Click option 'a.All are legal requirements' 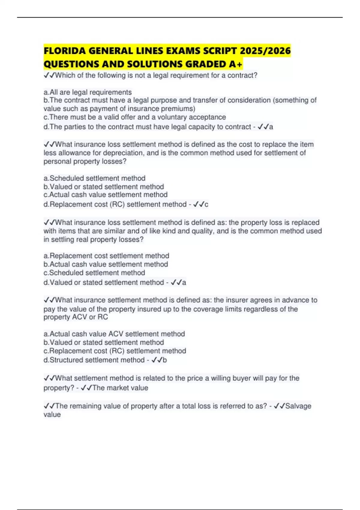coord(88,92)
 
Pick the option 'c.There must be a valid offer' coord(135,117)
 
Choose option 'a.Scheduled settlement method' coord(94,178)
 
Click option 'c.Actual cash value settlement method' coord(106,195)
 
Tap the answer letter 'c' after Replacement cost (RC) coord(206,205)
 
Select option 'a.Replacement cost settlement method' coord(106,256)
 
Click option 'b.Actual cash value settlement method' coord(106,264)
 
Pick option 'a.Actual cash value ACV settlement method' coord(114,334)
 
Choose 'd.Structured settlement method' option coord(94,360)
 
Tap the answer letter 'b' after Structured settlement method coord(164,360)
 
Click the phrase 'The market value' coord(120,388)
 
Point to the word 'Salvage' coord(298,406)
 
